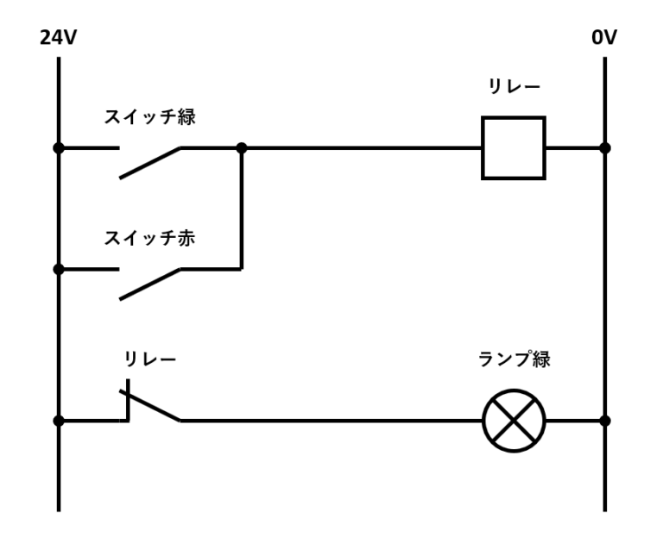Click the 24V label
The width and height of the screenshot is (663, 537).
click(x=58, y=39)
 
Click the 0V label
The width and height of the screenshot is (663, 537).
click(x=604, y=39)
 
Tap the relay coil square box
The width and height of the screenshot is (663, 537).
click(x=513, y=147)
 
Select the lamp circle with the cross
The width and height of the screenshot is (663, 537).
click(x=514, y=421)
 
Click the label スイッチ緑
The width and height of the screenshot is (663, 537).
click(x=149, y=117)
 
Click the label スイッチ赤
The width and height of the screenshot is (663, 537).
click(x=149, y=239)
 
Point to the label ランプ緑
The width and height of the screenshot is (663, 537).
click(x=514, y=359)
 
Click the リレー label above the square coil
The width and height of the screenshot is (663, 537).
click(x=515, y=87)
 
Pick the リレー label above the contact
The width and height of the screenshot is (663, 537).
click(x=149, y=359)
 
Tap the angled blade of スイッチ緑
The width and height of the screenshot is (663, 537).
click(x=150, y=163)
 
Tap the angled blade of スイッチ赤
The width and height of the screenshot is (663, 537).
click(x=150, y=284)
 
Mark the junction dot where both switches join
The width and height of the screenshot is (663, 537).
click(x=241, y=147)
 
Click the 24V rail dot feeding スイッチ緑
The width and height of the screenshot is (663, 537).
click(x=59, y=147)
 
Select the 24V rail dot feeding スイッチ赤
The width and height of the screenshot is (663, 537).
click(x=59, y=269)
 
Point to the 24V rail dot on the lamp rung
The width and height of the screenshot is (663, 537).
click(x=59, y=421)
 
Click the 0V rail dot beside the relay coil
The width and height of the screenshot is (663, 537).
click(x=604, y=147)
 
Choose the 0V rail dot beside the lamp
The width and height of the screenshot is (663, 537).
click(x=604, y=421)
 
